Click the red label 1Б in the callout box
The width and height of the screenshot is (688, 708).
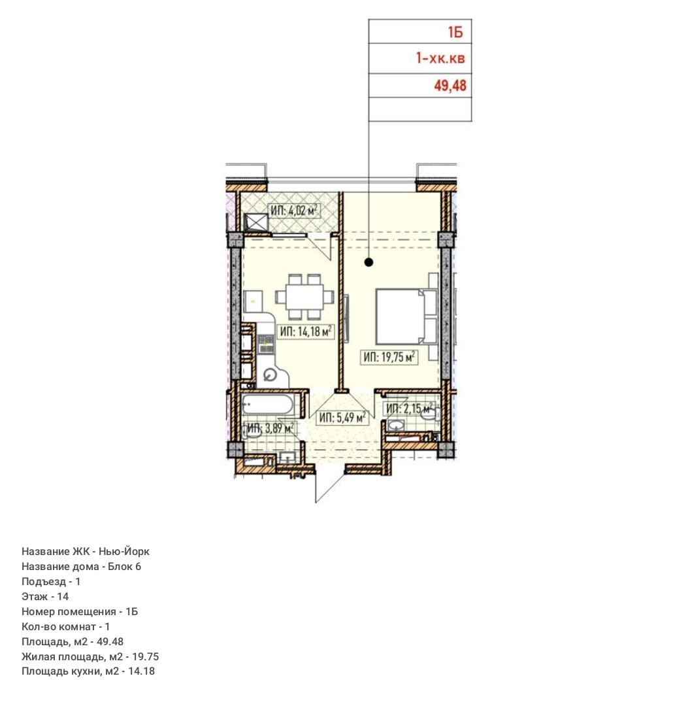coord(455,32)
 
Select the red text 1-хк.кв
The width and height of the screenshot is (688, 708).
coord(440,58)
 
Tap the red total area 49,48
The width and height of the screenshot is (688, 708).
coord(450,86)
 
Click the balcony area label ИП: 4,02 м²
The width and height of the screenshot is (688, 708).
coord(294,211)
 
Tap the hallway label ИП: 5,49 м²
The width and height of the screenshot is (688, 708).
coord(342,418)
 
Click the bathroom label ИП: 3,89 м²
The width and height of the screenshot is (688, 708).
coord(270,428)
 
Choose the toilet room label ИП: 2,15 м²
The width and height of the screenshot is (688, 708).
coord(409,409)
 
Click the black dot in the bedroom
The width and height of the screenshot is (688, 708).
coord(369,262)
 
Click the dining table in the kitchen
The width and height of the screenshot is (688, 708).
coord(304,297)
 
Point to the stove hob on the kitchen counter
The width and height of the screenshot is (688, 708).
coord(266,344)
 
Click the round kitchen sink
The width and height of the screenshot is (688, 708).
coord(270,375)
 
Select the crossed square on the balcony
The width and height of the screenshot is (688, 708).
coord(256,222)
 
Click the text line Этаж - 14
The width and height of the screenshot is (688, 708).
coord(45,596)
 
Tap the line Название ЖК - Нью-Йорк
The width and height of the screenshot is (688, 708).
coord(86,551)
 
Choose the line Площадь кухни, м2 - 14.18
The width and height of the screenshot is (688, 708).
coord(88,671)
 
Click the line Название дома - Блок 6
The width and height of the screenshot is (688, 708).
coord(81,566)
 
